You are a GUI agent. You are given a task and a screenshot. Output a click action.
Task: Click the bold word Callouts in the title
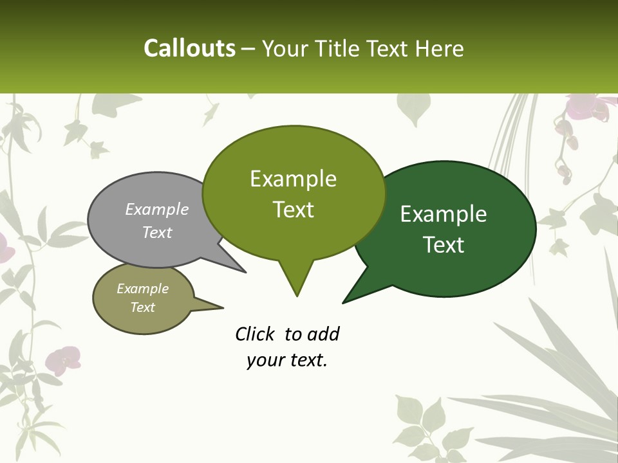point(189,48)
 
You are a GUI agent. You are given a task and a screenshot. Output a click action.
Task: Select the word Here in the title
point(440,48)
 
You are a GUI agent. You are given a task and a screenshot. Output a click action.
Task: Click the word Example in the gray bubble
point(157,210)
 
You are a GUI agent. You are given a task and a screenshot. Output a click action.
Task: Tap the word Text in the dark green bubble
point(444,245)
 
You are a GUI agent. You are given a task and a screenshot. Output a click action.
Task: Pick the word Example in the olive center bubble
point(293,179)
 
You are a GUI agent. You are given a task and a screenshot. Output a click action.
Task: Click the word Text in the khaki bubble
point(142,307)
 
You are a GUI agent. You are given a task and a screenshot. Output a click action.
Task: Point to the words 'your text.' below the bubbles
point(287,360)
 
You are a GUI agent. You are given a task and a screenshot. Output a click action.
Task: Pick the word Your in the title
point(283,48)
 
